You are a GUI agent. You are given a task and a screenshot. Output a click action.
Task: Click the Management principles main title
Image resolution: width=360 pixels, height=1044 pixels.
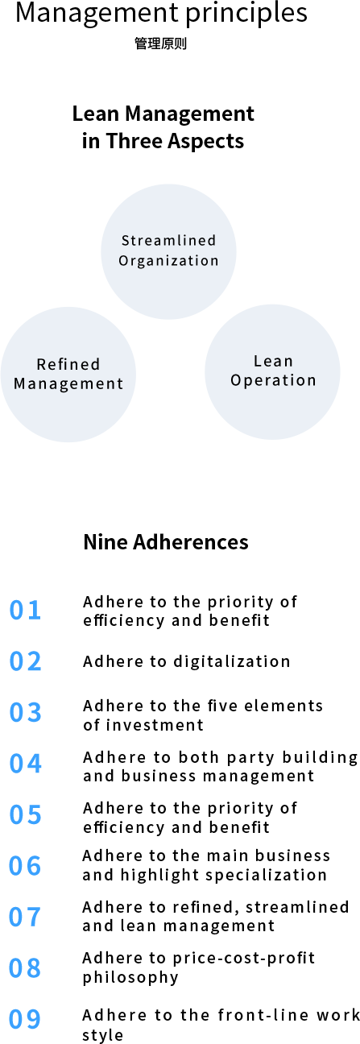[x=162, y=13]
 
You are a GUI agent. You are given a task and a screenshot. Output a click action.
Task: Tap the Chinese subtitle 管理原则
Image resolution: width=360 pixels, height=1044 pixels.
[x=161, y=43]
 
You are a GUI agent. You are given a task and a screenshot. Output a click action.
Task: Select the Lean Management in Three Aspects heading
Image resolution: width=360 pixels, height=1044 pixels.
[x=163, y=127]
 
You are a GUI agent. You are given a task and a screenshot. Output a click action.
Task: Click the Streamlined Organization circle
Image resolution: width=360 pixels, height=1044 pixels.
[x=168, y=251]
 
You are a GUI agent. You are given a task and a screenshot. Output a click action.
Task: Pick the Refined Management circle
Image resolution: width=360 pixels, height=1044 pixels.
[x=68, y=375]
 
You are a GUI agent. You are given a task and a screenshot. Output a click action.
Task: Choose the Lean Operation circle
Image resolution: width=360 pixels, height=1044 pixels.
[x=272, y=372]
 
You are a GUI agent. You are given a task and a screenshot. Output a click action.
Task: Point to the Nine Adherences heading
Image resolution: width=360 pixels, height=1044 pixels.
[x=166, y=542]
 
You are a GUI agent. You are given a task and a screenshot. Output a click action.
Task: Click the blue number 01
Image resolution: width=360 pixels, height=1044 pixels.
[x=25, y=610]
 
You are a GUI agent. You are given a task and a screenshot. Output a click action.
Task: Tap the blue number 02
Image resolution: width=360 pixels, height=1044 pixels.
[x=25, y=661]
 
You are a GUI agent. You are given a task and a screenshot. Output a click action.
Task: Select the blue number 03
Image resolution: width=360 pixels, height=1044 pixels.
[x=25, y=713]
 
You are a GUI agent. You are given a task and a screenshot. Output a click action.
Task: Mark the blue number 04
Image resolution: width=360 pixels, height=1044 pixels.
[x=25, y=764]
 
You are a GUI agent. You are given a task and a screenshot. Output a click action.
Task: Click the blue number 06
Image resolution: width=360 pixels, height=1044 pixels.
[x=25, y=866]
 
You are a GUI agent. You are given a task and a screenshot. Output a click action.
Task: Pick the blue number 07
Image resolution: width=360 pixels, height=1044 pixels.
[x=25, y=918]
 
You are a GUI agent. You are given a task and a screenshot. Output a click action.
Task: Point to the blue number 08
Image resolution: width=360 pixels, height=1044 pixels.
[x=25, y=968]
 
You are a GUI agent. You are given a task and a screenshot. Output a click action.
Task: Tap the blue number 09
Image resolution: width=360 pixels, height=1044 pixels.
[x=25, y=1019]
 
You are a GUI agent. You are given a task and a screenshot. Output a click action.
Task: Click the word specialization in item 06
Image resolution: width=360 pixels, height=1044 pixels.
[x=266, y=876]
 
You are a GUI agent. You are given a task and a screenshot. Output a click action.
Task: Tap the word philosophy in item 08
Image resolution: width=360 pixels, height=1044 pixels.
[x=130, y=977]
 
